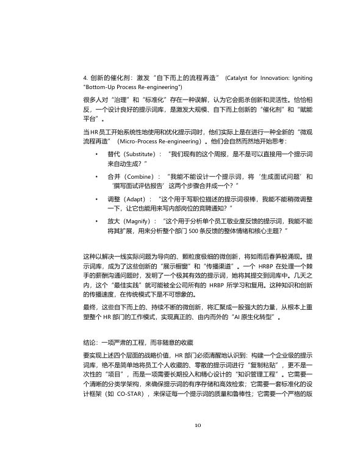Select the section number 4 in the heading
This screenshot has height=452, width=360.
pos(84,79)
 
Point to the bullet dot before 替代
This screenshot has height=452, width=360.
pos(96,154)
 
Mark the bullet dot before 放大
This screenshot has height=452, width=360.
pos(96,220)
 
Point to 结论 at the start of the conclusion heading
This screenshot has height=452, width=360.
pos(88,343)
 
